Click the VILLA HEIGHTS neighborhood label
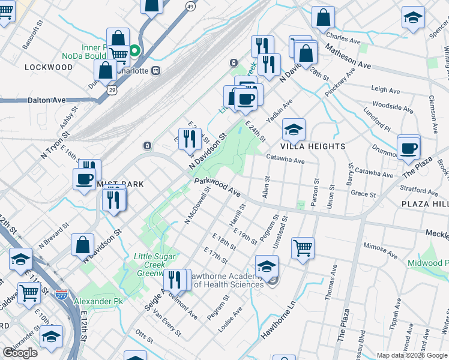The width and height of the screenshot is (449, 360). [313, 146]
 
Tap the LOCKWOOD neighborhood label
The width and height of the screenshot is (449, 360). [49, 68]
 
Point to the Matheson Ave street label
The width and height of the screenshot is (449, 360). [349, 55]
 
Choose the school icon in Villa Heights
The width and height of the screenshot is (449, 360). [294, 130]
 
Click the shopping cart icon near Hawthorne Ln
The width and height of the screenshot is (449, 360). [303, 247]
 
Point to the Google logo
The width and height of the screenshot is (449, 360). [20, 353]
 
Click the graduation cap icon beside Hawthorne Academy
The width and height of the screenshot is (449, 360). [267, 266]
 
